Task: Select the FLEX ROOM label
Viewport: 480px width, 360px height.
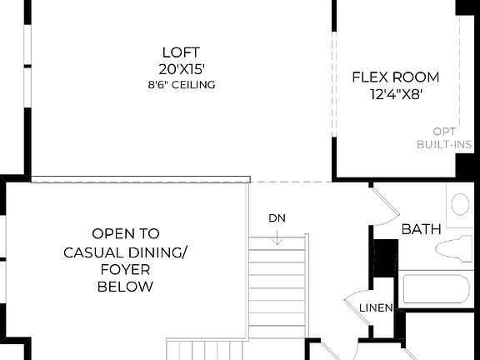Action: click(395, 77)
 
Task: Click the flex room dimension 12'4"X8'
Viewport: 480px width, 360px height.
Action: click(395, 94)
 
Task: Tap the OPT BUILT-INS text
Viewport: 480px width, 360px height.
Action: click(444, 137)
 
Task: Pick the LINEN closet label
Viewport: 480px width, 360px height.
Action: click(376, 308)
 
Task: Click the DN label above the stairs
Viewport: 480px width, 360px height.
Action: click(277, 218)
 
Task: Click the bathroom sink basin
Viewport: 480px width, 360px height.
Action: click(461, 204)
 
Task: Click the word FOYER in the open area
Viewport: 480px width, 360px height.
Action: click(125, 269)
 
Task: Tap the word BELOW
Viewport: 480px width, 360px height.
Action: click(125, 287)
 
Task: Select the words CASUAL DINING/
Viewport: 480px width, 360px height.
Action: click(125, 252)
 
